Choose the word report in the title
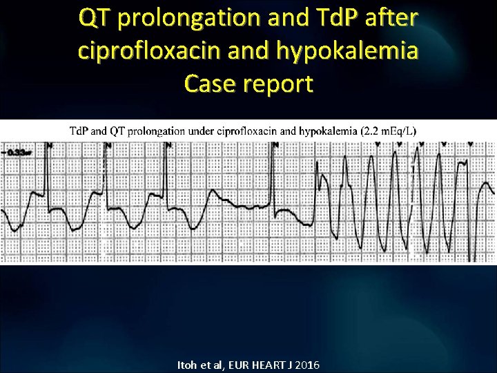pyautogui.click(x=279, y=85)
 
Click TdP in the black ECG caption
pyautogui.click(x=80, y=131)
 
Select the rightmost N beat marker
pyautogui.click(x=275, y=145)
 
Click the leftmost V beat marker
pyautogui.click(x=378, y=145)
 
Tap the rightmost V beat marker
pyautogui.click(x=471, y=145)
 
